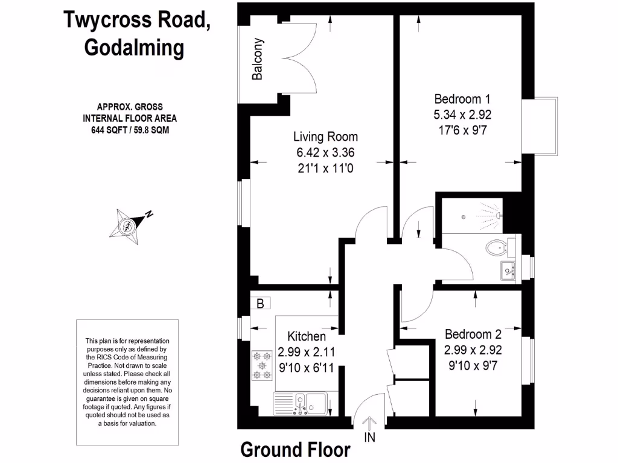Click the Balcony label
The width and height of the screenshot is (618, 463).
(258, 60)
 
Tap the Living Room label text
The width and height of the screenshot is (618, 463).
(325, 137)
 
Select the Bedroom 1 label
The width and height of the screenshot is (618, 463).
(462, 99)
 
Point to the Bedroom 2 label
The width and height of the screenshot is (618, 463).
(473, 334)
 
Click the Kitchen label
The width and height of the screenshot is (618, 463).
(306, 336)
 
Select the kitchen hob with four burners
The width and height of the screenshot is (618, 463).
(263, 365)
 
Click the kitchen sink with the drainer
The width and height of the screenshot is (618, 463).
(300, 404)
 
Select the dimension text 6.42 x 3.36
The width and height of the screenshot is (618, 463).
(325, 153)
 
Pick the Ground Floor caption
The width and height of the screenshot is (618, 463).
(295, 450)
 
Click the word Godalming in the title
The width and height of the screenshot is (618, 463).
(134, 48)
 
